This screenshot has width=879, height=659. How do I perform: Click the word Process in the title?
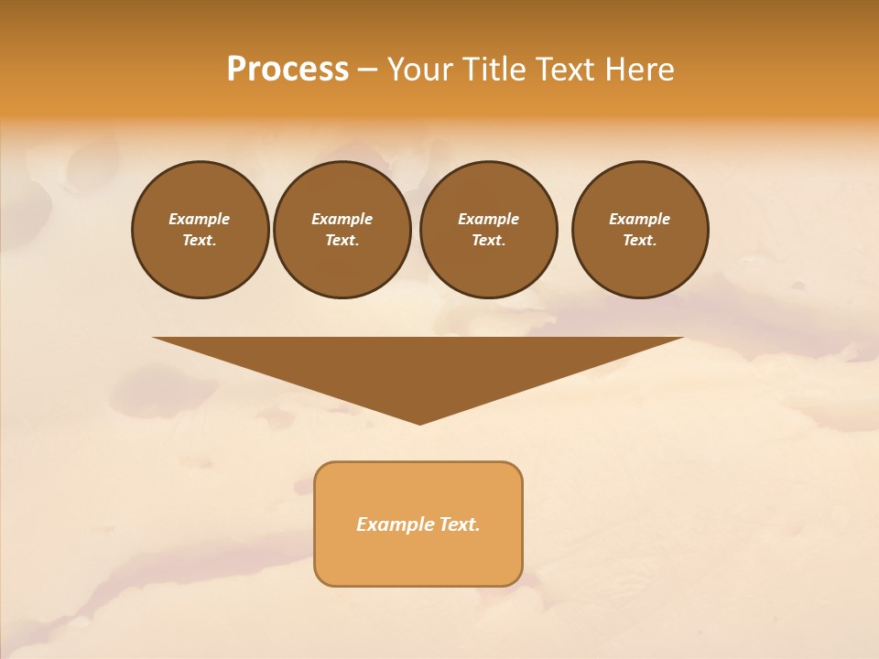click(x=288, y=70)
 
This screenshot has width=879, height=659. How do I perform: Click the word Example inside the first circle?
click(x=199, y=219)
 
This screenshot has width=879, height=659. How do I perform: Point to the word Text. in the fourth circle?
click(x=639, y=240)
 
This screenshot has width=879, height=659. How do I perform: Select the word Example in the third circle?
click(x=488, y=219)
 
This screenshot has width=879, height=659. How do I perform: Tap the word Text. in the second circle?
click(x=342, y=240)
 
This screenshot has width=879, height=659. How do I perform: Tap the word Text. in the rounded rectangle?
click(x=460, y=524)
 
